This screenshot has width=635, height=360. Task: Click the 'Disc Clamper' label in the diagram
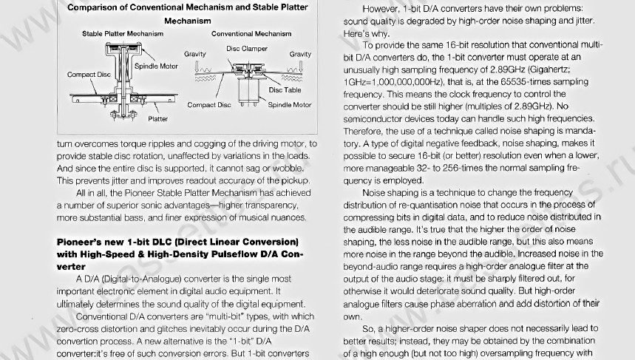click(247, 49)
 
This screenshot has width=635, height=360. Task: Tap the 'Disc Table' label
click(285, 90)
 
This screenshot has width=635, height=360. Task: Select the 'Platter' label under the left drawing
click(157, 118)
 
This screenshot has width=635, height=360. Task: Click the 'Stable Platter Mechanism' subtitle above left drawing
click(123, 33)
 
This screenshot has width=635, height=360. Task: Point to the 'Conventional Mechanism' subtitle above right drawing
click(251, 33)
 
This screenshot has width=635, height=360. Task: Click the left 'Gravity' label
click(195, 55)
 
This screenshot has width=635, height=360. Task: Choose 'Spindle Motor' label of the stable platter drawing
click(156, 66)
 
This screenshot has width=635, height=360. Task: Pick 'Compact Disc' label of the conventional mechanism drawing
click(209, 105)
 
